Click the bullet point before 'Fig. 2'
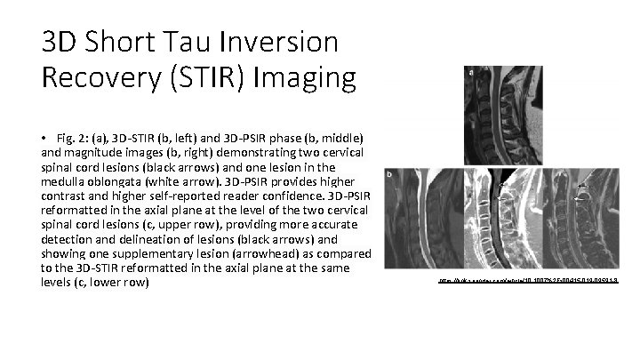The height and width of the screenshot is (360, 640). (43, 140)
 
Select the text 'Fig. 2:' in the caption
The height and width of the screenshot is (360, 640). (71, 140)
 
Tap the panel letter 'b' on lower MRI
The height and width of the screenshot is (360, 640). (390, 175)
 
